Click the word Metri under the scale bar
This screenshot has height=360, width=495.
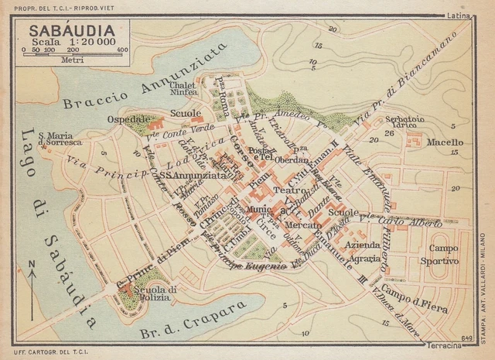(x=73, y=59)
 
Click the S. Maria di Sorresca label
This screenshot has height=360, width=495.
(x=60, y=139)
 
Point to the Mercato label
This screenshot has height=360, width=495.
(x=302, y=225)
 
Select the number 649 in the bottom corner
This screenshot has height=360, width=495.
(x=466, y=337)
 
